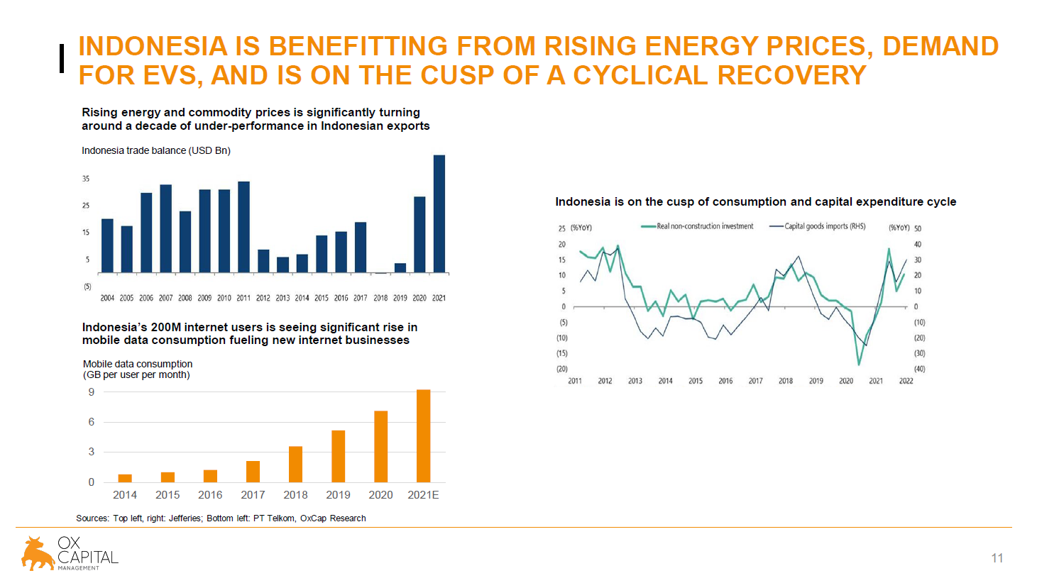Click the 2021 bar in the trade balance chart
pyautogui.click(x=439, y=213)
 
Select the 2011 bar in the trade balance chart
pyautogui.click(x=243, y=227)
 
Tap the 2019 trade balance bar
pyautogui.click(x=400, y=268)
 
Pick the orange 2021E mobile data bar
pyautogui.click(x=423, y=435)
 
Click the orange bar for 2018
pyautogui.click(x=295, y=464)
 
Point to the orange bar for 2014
pyautogui.click(x=125, y=478)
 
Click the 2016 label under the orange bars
pyautogui.click(x=210, y=495)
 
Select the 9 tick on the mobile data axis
pyautogui.click(x=92, y=392)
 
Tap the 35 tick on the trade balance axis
pyautogui.click(x=86, y=179)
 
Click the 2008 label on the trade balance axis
pyautogui.click(x=185, y=298)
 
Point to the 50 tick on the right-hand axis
pyautogui.click(x=918, y=228)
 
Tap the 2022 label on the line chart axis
pyautogui.click(x=906, y=381)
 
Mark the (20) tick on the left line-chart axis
pyautogui.click(x=561, y=369)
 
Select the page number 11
pyautogui.click(x=997, y=558)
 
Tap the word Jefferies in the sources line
pyautogui.click(x=185, y=518)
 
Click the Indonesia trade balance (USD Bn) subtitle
pyautogui.click(x=156, y=150)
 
